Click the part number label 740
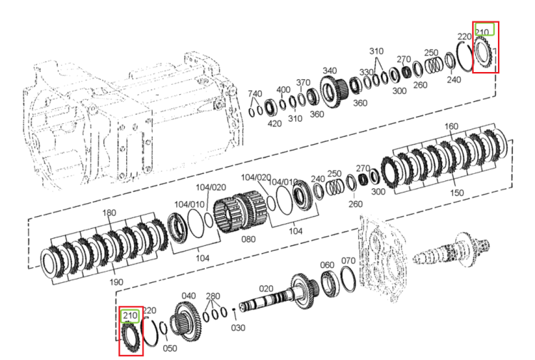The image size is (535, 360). tap(255, 94)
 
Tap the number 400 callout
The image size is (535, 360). tap(283, 90)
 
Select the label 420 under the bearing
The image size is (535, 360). tap(275, 123)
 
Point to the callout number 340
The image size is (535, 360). tap(330, 71)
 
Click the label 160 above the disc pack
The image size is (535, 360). tap(451, 126)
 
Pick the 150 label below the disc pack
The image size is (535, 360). tap(457, 192)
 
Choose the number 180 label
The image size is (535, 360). tap(109, 212)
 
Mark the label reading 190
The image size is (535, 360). tap(116, 282)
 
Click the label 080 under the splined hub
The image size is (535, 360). tap(248, 240)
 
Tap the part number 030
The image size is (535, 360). tap(238, 328)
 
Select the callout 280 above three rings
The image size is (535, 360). tap(213, 296)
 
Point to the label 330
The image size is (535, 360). tap(367, 72)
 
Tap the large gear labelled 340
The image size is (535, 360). tap(334, 91)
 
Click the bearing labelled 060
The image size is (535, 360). tap(330, 284)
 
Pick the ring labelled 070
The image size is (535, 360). tap(348, 279)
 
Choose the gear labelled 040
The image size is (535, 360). tap(186, 322)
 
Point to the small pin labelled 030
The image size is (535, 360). tap(234, 309)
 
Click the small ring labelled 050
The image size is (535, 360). tap(164, 329)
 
